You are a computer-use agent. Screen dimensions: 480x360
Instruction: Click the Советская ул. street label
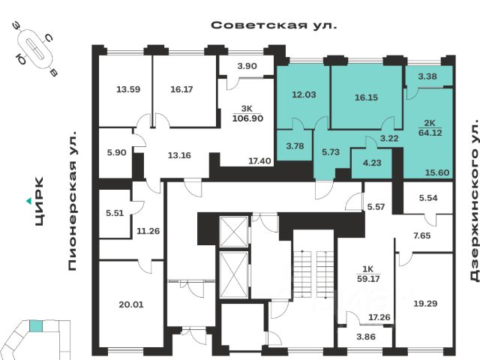[274, 25]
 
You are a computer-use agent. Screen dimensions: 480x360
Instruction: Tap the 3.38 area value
[427, 76]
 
